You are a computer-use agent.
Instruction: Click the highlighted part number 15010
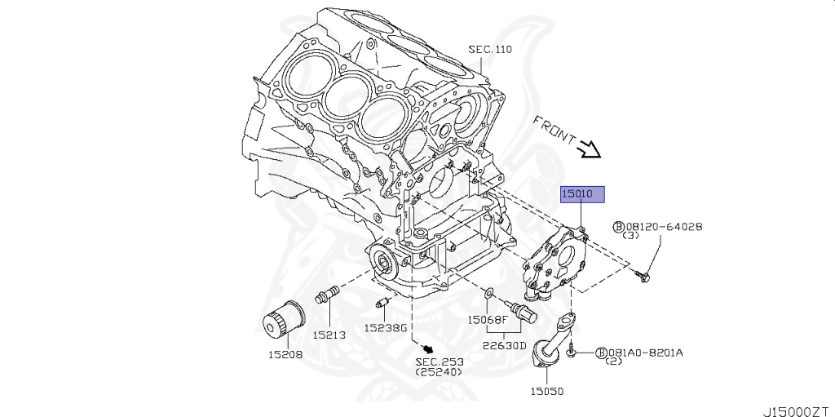581,194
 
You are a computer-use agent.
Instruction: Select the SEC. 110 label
489,49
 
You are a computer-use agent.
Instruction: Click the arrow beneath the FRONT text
587,149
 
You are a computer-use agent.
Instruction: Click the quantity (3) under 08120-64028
630,236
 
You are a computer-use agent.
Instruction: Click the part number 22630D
504,344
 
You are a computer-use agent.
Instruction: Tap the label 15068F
487,320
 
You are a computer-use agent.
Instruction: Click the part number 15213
329,334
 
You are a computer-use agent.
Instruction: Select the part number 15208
285,354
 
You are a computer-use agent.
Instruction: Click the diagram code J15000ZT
797,405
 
